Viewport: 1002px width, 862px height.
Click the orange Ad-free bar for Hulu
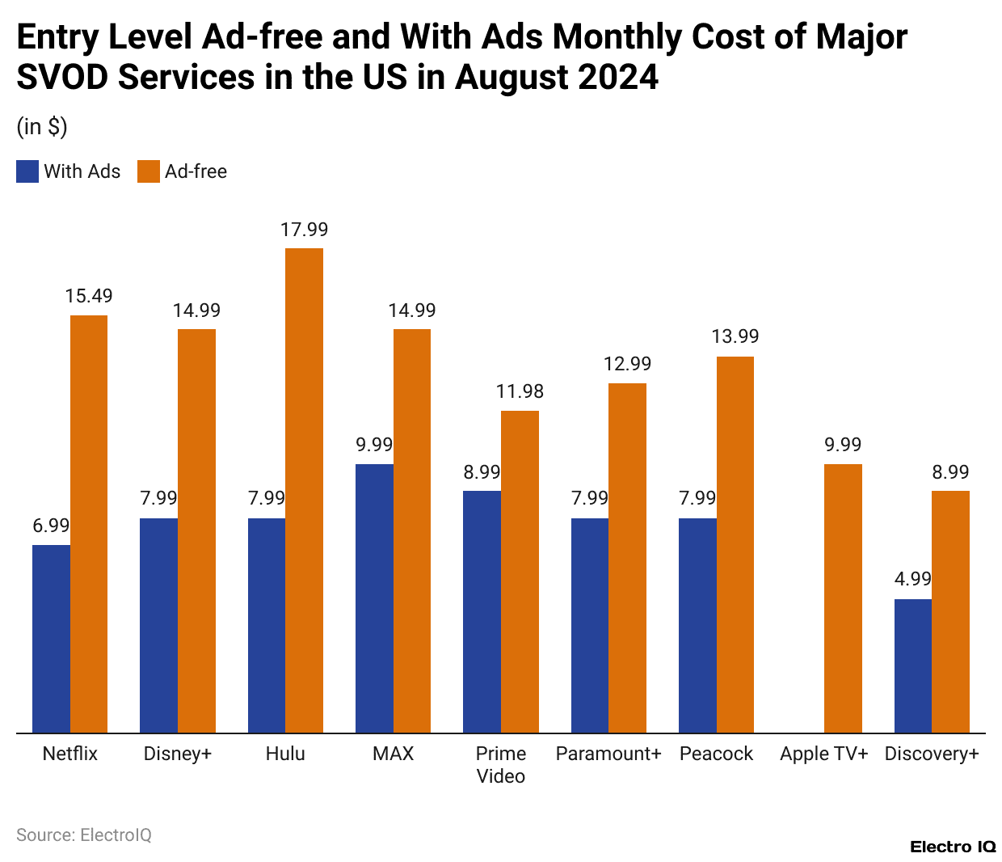pyautogui.click(x=304, y=490)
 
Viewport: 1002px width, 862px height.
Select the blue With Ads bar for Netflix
pyautogui.click(x=51, y=639)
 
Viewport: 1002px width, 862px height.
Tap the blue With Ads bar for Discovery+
pyautogui.click(x=912, y=666)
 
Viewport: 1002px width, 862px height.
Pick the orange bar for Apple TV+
pyautogui.click(x=843, y=598)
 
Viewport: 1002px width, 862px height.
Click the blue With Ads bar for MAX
pyautogui.click(x=374, y=598)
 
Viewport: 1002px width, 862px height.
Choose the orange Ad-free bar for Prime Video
pyautogui.click(x=520, y=572)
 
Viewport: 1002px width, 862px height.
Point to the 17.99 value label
pyautogui.click(x=304, y=230)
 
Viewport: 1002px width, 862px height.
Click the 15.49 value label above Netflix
pyautogui.click(x=89, y=296)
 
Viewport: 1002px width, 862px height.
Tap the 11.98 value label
pyautogui.click(x=520, y=391)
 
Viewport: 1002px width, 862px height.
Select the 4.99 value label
pyautogui.click(x=912, y=579)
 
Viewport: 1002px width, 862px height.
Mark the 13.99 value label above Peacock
pyautogui.click(x=735, y=336)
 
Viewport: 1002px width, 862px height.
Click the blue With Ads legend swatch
pyautogui.click(x=27, y=171)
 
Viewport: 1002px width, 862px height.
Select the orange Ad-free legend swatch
pyautogui.click(x=149, y=171)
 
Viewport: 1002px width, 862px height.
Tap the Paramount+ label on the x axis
pyautogui.click(x=608, y=754)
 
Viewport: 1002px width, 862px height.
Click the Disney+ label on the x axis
pyautogui.click(x=177, y=754)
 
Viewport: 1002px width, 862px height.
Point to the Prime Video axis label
pyautogui.click(x=501, y=765)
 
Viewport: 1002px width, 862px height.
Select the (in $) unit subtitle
pyautogui.click(x=42, y=127)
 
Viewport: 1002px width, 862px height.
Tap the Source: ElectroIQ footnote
pyautogui.click(x=84, y=835)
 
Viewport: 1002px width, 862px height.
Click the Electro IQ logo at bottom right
pyautogui.click(x=953, y=847)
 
